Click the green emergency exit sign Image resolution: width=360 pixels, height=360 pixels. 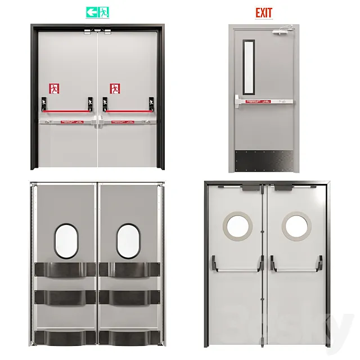(x=97, y=12)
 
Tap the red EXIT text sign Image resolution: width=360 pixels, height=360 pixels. (x=263, y=12)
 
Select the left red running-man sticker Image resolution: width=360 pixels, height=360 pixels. (x=54, y=88)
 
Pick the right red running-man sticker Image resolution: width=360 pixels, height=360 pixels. (x=115, y=88)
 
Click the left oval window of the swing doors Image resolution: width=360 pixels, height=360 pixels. (x=66, y=241)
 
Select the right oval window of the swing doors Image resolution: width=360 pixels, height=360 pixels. (x=129, y=241)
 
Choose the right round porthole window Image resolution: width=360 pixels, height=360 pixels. (x=295, y=226)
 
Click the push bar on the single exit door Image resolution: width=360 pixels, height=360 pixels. (x=264, y=102)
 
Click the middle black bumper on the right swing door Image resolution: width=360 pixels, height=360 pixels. (x=130, y=298)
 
